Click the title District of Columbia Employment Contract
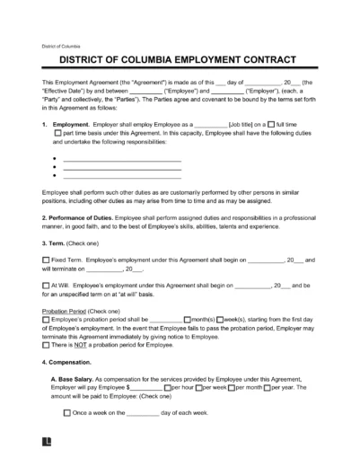pos(180,61)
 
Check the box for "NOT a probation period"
pos(47,344)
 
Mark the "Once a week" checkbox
pos(68,412)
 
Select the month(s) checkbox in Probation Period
pos(187,319)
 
